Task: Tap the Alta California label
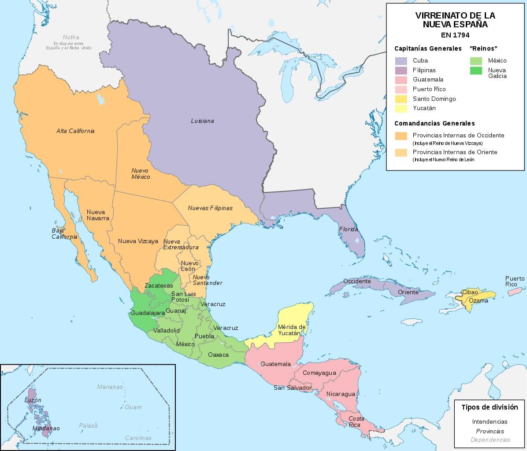pyautogui.click(x=75, y=131)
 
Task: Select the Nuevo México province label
pyautogui.click(x=141, y=174)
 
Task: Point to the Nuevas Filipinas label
pyautogui.click(x=210, y=208)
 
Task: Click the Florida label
pyautogui.click(x=348, y=229)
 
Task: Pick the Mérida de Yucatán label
pyautogui.click(x=292, y=330)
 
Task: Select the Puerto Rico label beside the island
pyautogui.click(x=515, y=281)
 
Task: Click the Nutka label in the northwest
pyautogui.click(x=71, y=37)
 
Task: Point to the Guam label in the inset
pyautogui.click(x=133, y=407)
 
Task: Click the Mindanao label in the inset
pyautogui.click(x=46, y=428)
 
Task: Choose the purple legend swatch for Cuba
pyautogui.click(x=401, y=61)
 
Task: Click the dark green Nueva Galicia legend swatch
pyautogui.click(x=476, y=70)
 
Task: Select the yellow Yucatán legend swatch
pyautogui.click(x=401, y=108)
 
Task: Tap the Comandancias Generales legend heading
pyautogui.click(x=434, y=123)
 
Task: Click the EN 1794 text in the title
pyautogui.click(x=455, y=35)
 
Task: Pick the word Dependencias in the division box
pyautogui.click(x=490, y=440)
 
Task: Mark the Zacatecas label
pyautogui.click(x=159, y=285)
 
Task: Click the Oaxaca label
pyautogui.click(x=218, y=354)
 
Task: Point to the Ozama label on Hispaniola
pyautogui.click(x=478, y=301)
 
